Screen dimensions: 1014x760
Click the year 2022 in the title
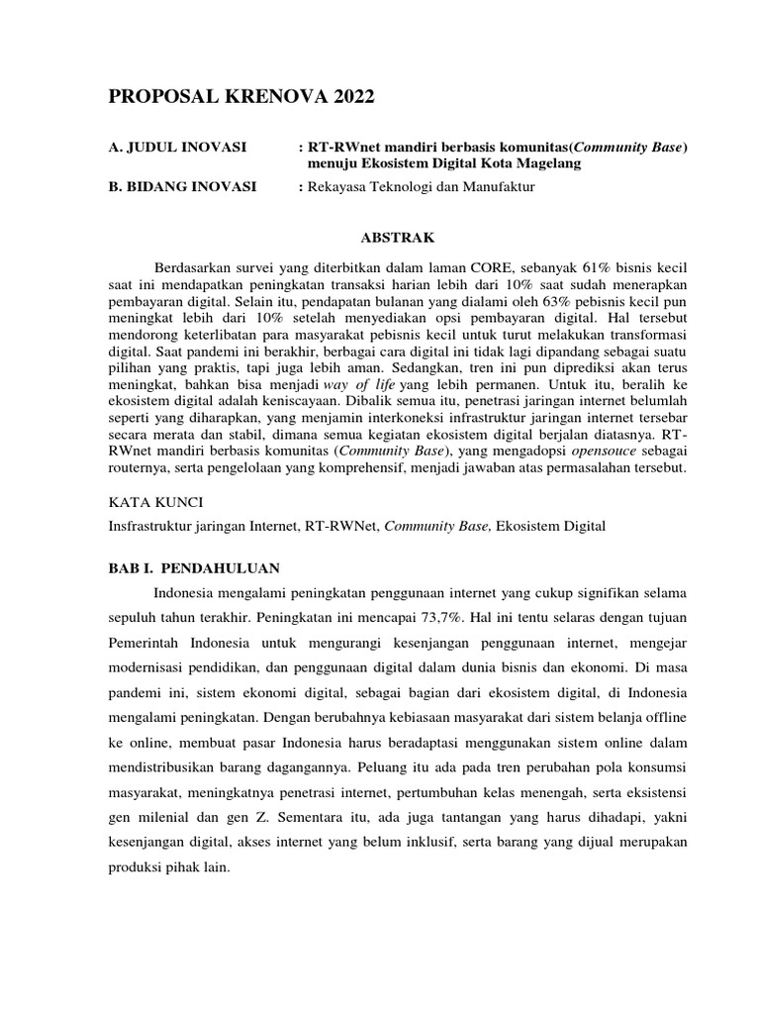point(353,97)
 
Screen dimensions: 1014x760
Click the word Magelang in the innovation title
point(543,163)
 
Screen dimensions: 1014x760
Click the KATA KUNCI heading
point(154,503)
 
